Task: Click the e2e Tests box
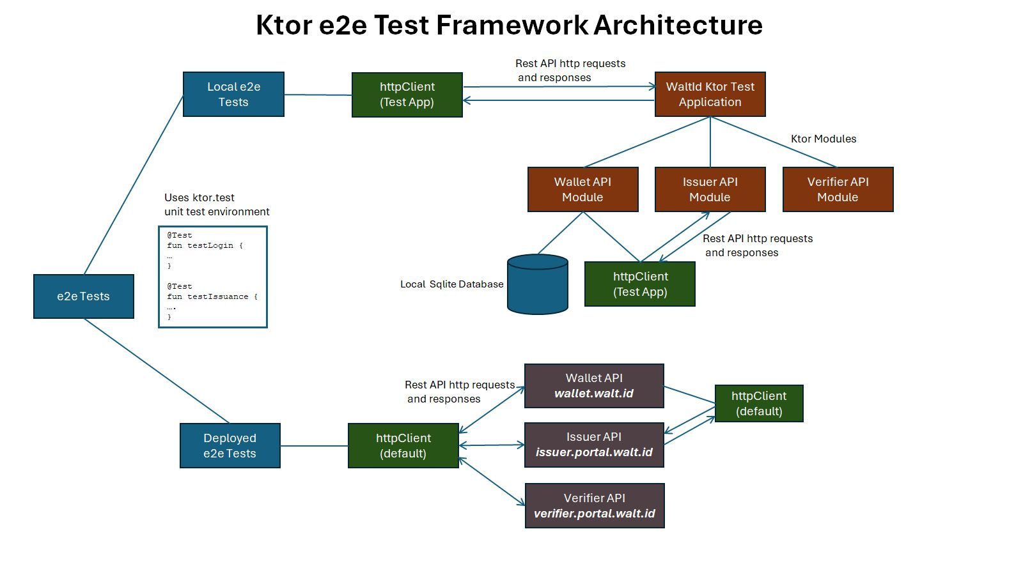point(84,296)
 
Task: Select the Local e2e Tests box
point(233,95)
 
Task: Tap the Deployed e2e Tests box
point(230,446)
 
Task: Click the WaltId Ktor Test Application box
point(710,95)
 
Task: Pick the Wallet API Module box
point(582,190)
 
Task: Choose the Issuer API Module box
point(710,190)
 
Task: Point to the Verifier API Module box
point(838,190)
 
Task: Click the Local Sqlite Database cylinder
point(538,285)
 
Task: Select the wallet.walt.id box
point(594,386)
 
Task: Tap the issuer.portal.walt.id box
point(594,445)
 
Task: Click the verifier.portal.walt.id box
point(595,506)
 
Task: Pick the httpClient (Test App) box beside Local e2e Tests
point(407,95)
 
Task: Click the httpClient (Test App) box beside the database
point(640,284)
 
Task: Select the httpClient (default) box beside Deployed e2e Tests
point(403,446)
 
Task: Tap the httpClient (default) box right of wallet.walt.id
point(759,404)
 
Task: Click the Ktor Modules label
point(824,139)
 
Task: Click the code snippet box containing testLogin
point(213,277)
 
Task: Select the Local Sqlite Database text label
point(451,284)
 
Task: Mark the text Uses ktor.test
point(199,198)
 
